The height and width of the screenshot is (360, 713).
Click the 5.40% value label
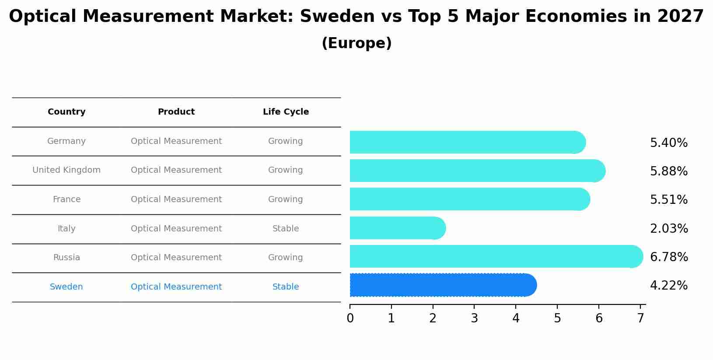668,143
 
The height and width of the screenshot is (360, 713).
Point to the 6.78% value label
668,257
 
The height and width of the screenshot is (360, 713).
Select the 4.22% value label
668,286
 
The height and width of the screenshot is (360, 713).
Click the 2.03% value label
668,229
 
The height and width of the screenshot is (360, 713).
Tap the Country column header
66,112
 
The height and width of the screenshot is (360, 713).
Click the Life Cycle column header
286,112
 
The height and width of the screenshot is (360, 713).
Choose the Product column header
176,112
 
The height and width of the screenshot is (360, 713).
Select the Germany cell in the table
66,141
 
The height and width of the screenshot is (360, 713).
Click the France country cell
66,199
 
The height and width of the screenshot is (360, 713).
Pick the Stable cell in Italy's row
286,229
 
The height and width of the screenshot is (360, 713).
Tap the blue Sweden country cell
66,287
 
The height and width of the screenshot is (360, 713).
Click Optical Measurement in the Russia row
176,258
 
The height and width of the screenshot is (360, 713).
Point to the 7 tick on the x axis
640,318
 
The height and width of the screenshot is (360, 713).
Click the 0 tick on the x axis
350,318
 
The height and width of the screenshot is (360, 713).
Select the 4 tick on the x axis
516,318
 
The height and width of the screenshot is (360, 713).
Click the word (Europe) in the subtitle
356,43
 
